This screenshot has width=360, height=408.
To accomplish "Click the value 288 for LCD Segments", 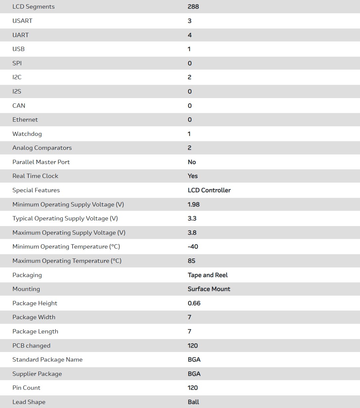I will [193, 7].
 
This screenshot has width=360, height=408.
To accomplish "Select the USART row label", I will [22, 21].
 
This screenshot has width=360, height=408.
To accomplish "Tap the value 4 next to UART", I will [189, 35].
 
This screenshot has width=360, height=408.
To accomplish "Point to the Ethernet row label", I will [25, 120].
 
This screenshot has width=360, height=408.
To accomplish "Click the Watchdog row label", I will [27, 134].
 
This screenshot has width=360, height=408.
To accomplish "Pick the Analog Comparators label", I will [42, 148].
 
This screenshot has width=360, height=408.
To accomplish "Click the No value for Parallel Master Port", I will [192, 162].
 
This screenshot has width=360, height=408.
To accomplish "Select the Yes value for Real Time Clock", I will [192, 176].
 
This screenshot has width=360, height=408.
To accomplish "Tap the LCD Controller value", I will [209, 190].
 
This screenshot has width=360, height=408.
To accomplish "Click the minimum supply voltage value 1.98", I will [193, 204].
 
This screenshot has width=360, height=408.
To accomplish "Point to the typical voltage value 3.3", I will [192, 218].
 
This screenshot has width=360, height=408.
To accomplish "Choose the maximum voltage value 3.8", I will [192, 233].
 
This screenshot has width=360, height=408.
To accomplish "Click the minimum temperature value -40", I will [193, 247].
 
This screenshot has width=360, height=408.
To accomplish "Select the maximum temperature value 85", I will [191, 261].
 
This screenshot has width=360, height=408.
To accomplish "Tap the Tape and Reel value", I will [208, 275].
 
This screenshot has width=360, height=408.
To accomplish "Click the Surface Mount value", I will [209, 289].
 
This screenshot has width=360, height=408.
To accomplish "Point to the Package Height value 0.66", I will [194, 303].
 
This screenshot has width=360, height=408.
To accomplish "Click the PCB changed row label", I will [31, 346].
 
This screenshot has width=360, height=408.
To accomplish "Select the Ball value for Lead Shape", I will [193, 402].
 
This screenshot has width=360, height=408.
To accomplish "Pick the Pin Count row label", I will [26, 388].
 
